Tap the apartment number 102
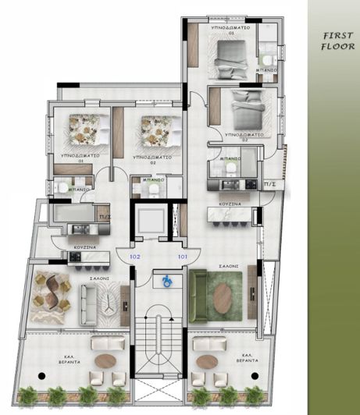pos(134,256)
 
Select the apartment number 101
pos(183,256)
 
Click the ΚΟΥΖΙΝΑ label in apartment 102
pos(85,247)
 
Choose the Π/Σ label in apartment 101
pos(270,184)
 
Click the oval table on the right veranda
pos(206,360)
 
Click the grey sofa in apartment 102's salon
pos(91,297)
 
